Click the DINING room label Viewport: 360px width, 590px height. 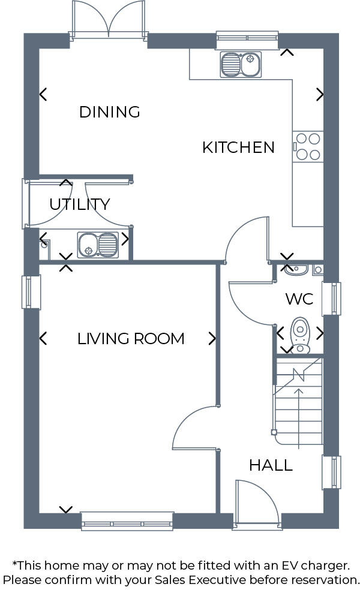(x=109, y=112)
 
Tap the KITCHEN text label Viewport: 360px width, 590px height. (x=238, y=147)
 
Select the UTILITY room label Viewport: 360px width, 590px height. (x=79, y=204)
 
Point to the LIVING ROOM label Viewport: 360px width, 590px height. (x=131, y=339)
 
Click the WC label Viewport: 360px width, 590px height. (x=299, y=299)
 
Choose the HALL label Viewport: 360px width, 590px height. (x=271, y=465)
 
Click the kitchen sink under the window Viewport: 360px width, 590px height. (x=240, y=65)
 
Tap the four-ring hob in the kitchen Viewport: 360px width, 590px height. (x=308, y=146)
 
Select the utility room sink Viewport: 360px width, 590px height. (x=98, y=245)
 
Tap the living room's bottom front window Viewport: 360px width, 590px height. (x=127, y=520)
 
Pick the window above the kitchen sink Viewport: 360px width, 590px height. (x=247, y=40)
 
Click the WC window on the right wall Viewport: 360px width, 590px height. (x=331, y=298)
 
